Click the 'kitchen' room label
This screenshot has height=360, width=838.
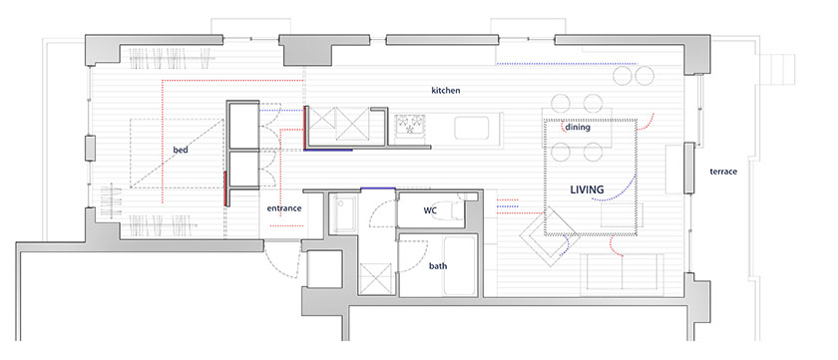point(446,91)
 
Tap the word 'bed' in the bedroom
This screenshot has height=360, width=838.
point(181,151)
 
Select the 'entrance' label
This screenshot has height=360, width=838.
point(284,208)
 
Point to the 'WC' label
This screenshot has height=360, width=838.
point(430,210)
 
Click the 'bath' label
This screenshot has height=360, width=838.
point(438,265)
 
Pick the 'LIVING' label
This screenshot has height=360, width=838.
point(587,189)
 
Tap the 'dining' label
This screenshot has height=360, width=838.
point(578,127)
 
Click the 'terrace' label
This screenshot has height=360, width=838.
point(723,172)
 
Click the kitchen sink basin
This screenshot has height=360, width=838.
point(471,129)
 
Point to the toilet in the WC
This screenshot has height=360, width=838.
point(458,208)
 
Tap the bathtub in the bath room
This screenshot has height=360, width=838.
point(460,265)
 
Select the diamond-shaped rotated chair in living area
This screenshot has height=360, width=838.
point(550,236)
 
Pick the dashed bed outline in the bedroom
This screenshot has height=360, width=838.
point(177,153)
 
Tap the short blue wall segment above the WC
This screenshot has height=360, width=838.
point(378,188)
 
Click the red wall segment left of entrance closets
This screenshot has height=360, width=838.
point(225,188)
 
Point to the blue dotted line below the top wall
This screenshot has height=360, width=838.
point(567,64)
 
